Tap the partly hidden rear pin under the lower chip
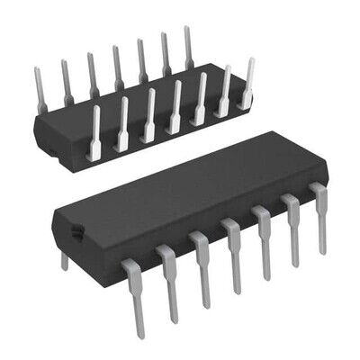click(x=64, y=260)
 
